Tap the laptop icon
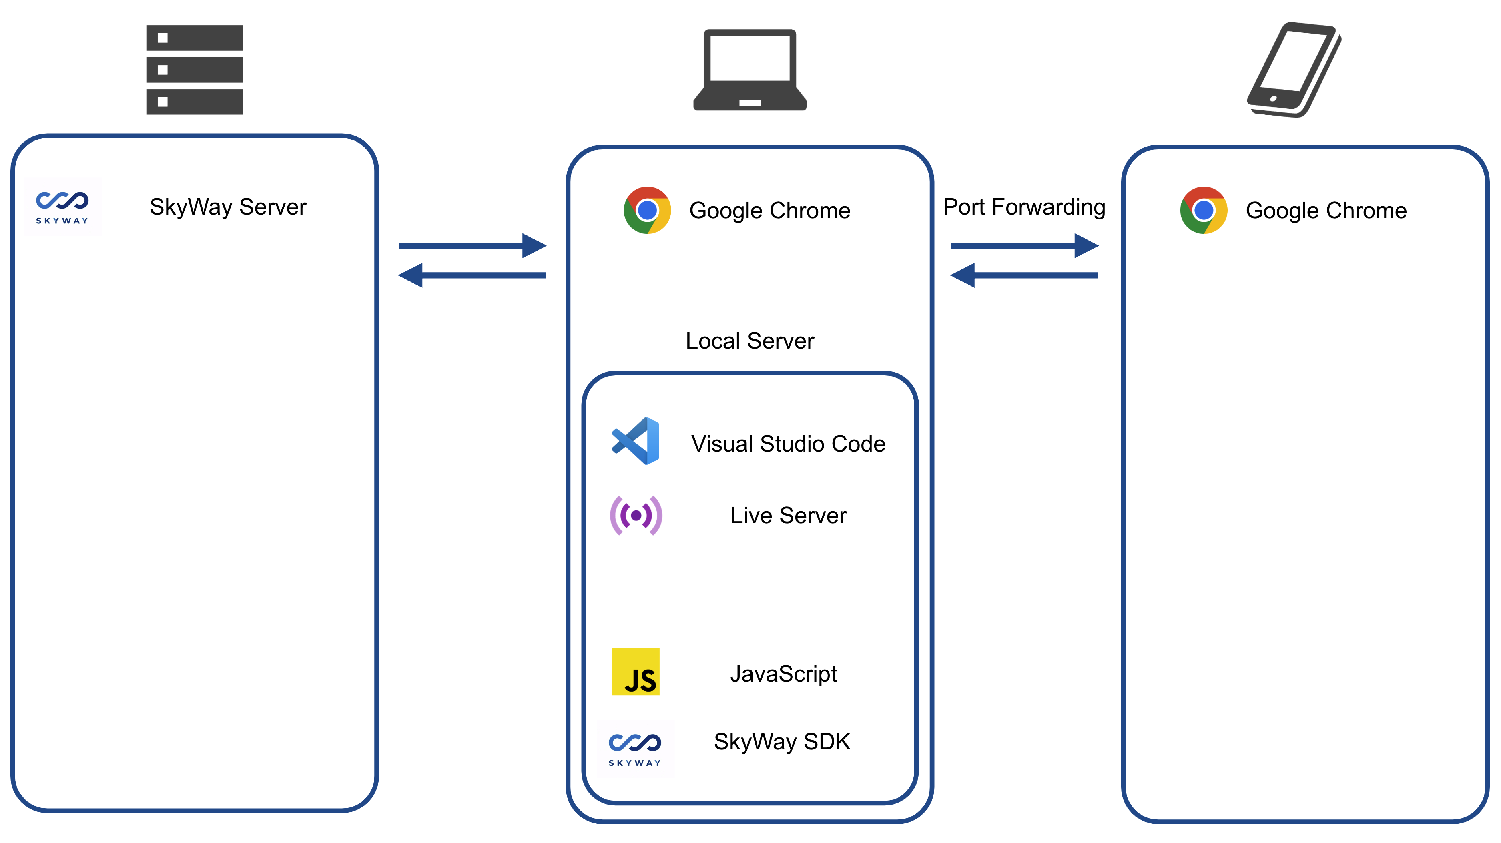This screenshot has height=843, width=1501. tap(750, 70)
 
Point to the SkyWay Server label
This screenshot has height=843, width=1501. tap(228, 207)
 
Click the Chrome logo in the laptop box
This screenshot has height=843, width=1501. tap(647, 210)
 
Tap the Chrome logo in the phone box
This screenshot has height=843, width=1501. tap(1203, 210)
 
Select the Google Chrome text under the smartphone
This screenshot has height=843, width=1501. tap(1326, 210)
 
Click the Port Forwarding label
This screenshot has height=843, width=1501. tap(1024, 207)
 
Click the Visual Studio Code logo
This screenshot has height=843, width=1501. tap(636, 441)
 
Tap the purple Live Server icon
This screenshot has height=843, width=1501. tap(636, 516)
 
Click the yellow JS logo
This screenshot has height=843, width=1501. tap(636, 672)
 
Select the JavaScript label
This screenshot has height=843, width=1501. tap(783, 674)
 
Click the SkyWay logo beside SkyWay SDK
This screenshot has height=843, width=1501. tap(635, 749)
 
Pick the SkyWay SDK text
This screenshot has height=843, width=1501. tap(782, 742)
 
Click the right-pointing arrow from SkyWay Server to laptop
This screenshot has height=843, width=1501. tap(472, 246)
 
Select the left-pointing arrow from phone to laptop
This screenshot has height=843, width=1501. tap(1024, 275)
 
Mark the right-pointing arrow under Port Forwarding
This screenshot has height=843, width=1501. tap(1024, 246)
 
